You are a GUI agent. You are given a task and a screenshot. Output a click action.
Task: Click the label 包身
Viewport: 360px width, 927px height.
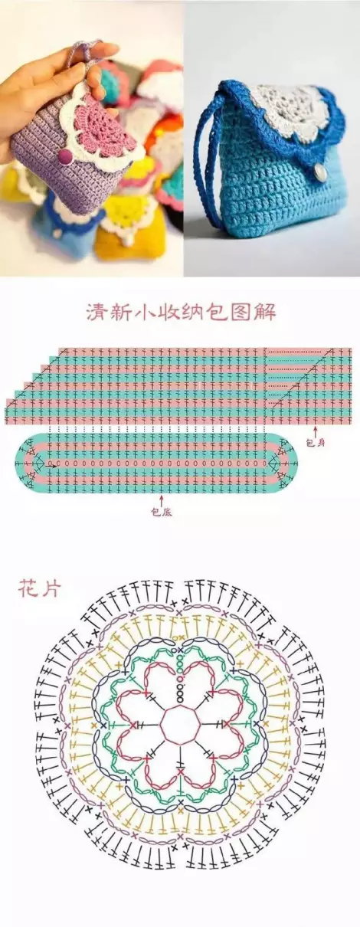[x=316, y=443]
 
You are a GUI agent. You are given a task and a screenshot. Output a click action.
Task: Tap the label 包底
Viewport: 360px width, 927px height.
[x=162, y=513]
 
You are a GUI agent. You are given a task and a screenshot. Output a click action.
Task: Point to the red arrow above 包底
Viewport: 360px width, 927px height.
[x=161, y=500]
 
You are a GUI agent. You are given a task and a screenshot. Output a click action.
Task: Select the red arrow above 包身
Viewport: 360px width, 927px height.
[x=316, y=431]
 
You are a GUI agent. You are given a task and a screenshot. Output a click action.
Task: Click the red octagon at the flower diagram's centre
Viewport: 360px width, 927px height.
[x=180, y=724]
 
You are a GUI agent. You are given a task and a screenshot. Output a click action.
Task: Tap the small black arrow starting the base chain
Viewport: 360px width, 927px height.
[x=52, y=465]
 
